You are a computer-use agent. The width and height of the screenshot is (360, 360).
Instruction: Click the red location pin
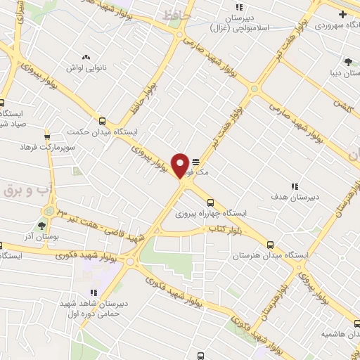point(181,165)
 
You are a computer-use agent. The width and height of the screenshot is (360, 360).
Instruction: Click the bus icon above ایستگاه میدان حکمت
point(103,121)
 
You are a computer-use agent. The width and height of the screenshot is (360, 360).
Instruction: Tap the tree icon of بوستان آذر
point(41,226)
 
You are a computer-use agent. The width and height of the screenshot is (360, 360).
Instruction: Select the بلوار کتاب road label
point(221,231)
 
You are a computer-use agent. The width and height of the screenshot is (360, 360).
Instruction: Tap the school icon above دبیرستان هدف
point(295,187)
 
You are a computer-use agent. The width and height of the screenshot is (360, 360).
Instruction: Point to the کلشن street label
point(342,106)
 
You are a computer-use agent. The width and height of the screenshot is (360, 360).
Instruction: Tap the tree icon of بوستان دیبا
point(347,61)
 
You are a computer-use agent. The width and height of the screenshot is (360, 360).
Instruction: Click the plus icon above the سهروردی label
point(342,14)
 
